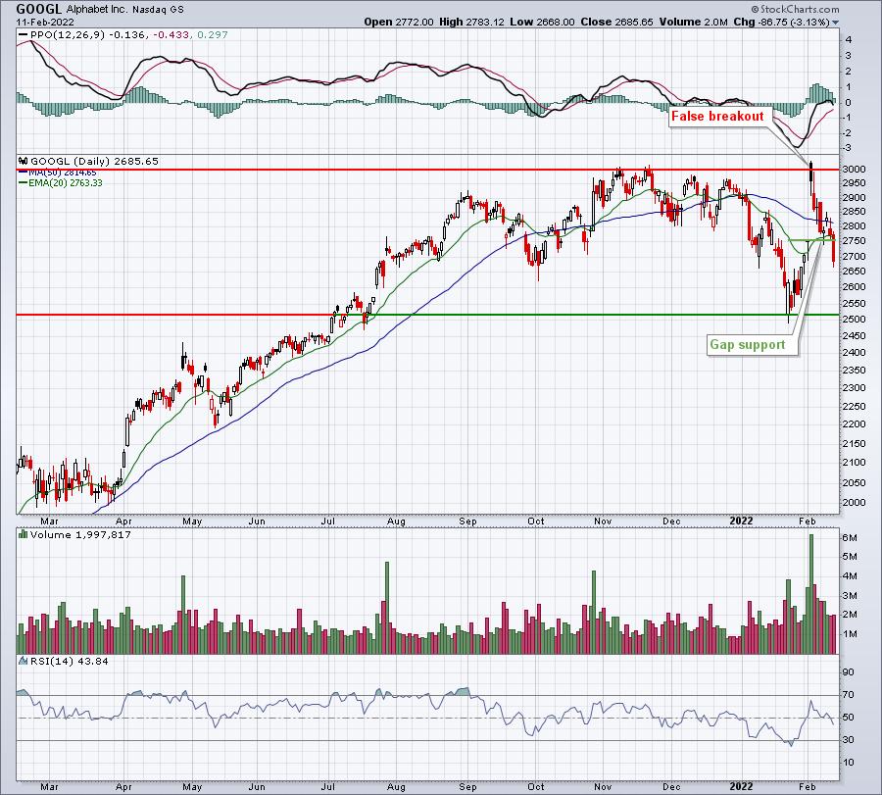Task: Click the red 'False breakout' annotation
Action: pos(717,117)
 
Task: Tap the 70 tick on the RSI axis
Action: pos(849,695)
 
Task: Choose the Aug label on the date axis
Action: pos(396,522)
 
